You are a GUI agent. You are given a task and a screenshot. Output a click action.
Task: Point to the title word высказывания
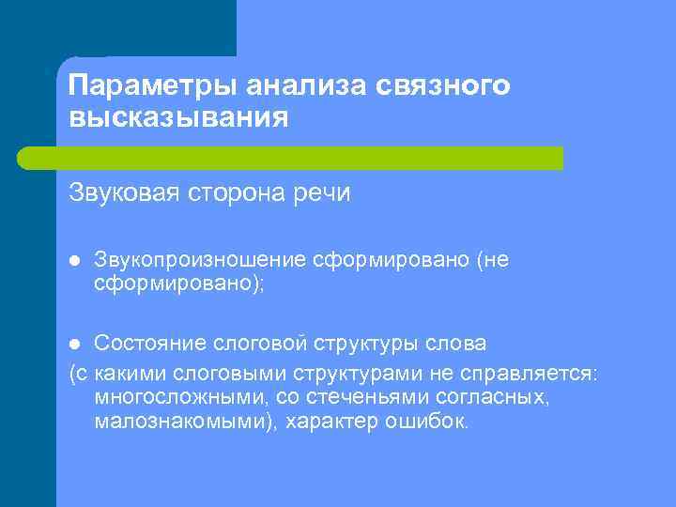[x=178, y=119]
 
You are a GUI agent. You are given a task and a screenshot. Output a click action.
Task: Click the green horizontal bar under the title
[x=310, y=158]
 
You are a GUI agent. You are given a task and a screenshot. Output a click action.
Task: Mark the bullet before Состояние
[x=76, y=341]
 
